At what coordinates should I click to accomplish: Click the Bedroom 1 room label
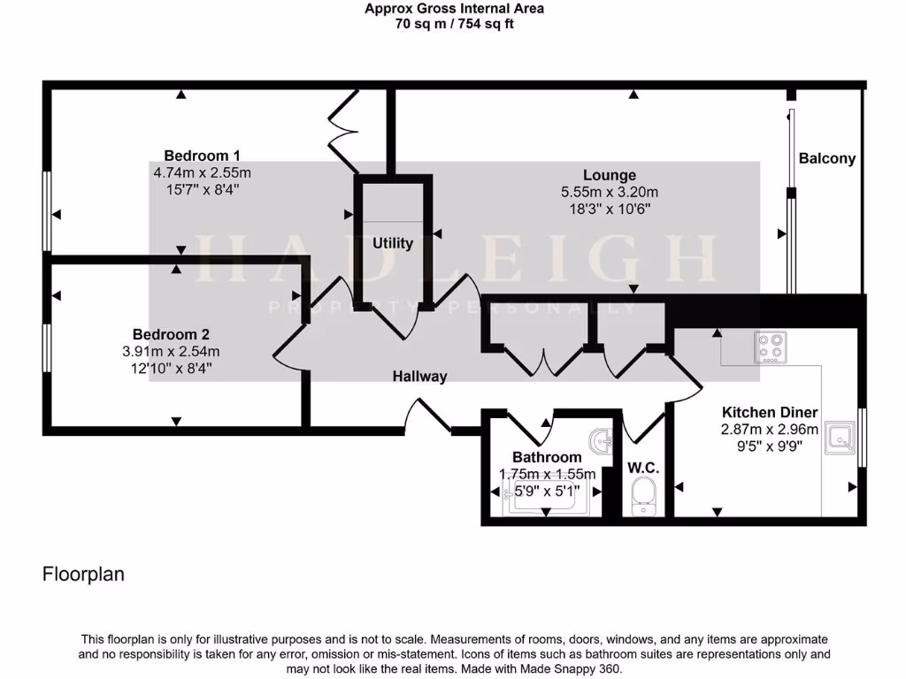click(202, 156)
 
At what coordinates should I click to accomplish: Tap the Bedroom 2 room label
click(171, 334)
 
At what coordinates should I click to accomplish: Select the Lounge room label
click(609, 175)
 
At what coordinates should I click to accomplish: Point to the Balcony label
click(827, 159)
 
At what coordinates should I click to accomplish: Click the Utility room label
click(393, 243)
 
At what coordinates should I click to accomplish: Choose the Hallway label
click(419, 377)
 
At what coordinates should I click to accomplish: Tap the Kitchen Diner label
click(770, 412)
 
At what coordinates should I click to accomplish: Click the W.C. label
click(643, 468)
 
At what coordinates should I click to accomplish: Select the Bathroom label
click(547, 457)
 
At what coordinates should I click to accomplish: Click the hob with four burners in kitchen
click(770, 347)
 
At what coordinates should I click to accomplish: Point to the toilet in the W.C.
click(644, 496)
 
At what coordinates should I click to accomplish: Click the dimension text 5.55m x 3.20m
click(609, 192)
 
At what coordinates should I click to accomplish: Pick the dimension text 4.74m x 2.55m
click(202, 172)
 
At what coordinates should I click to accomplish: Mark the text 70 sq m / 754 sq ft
click(454, 25)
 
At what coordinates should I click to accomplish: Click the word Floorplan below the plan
click(83, 575)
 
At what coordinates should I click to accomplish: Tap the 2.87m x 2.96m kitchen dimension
click(770, 429)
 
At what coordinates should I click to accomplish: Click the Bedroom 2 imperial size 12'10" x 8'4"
click(171, 368)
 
